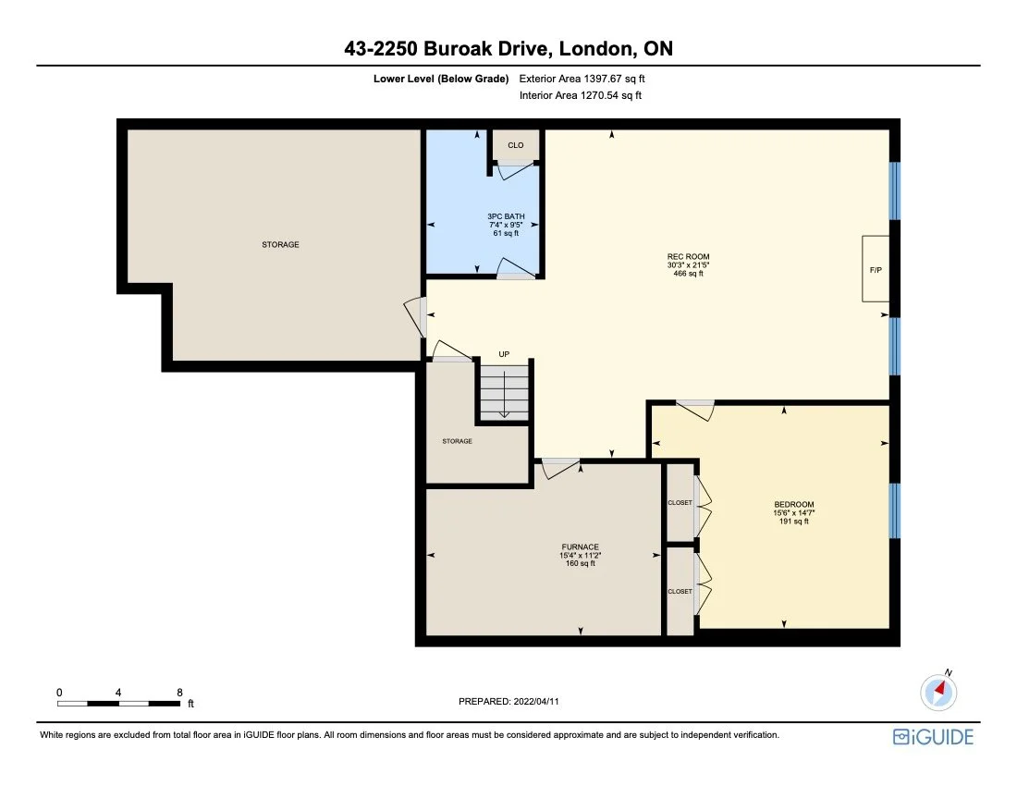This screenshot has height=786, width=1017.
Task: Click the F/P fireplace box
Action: tap(875, 269)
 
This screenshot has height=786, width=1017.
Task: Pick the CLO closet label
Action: tap(515, 145)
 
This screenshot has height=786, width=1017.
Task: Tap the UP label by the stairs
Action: tap(504, 354)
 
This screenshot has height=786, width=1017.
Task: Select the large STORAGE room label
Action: tap(280, 245)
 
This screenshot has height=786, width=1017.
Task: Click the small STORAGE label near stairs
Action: tap(457, 441)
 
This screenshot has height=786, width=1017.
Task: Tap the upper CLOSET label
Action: tap(680, 503)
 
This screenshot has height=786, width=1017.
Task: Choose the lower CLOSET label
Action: tap(680, 591)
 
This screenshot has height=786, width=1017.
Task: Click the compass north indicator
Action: tap(939, 689)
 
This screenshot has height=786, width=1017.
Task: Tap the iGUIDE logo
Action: tap(933, 736)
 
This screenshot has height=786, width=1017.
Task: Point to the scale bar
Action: tap(118, 703)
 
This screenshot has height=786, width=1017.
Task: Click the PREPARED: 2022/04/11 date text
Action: tap(508, 702)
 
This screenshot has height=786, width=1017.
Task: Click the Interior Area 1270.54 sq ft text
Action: tap(582, 95)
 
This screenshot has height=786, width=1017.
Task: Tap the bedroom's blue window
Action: tap(893, 510)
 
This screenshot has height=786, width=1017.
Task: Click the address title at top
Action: tap(508, 49)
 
